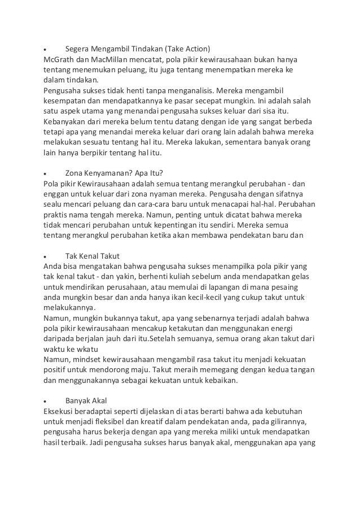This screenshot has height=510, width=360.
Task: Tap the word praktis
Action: tap(56, 215)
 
